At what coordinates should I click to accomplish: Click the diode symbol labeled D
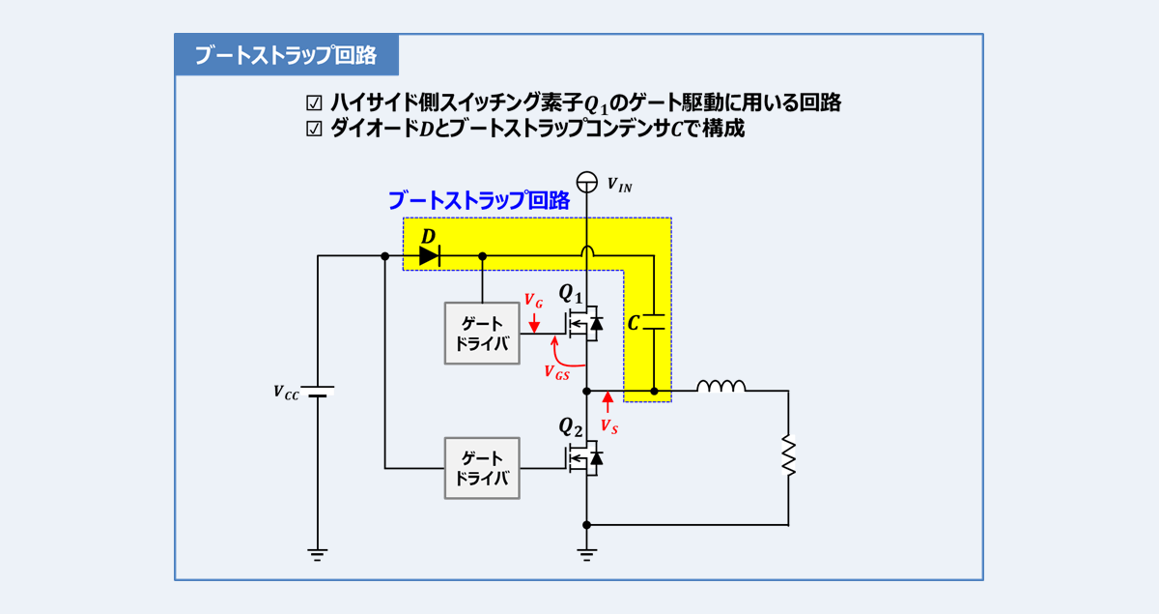point(429,256)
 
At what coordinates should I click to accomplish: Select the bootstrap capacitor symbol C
point(655,322)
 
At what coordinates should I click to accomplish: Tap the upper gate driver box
point(481,334)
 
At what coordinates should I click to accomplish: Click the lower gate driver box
point(481,468)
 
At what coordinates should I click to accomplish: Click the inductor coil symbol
point(721,387)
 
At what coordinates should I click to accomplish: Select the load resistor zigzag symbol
point(788,456)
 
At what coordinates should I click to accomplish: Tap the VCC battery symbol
point(318,393)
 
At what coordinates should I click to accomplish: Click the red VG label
point(533,301)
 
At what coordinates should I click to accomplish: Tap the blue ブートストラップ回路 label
point(478,201)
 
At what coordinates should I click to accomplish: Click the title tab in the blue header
point(286,55)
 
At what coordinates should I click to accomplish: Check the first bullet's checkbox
point(313,102)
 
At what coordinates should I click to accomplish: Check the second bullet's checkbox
point(313,129)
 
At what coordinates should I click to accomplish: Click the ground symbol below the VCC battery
point(318,554)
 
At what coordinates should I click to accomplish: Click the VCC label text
point(287,393)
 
